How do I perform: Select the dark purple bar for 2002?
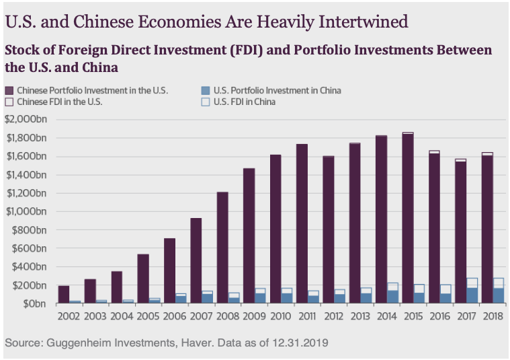[x=64, y=295]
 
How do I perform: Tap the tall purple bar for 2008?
[x=222, y=248]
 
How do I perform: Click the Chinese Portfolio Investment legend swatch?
[x=9, y=90]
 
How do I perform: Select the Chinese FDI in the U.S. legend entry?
[x=54, y=102]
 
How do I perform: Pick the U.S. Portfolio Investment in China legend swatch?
[x=205, y=90]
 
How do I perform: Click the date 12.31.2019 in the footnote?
[x=298, y=343]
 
